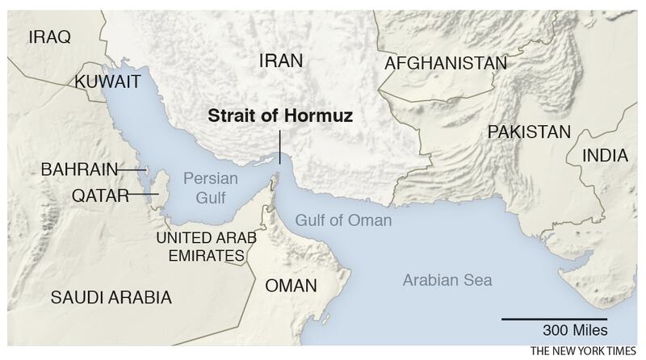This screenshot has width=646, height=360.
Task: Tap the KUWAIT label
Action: (108, 82)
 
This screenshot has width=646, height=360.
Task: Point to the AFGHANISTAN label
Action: (446, 63)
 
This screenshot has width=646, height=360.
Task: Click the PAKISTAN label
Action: (529, 132)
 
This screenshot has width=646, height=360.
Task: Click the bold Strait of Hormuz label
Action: (283, 115)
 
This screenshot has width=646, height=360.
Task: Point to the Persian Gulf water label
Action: (208, 186)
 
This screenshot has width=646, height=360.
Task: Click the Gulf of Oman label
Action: (342, 220)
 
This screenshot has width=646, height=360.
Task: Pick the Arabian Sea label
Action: (447, 281)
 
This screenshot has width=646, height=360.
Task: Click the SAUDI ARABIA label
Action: (111, 298)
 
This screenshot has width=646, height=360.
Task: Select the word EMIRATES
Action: (200, 256)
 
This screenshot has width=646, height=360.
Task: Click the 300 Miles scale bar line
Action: (553, 320)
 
